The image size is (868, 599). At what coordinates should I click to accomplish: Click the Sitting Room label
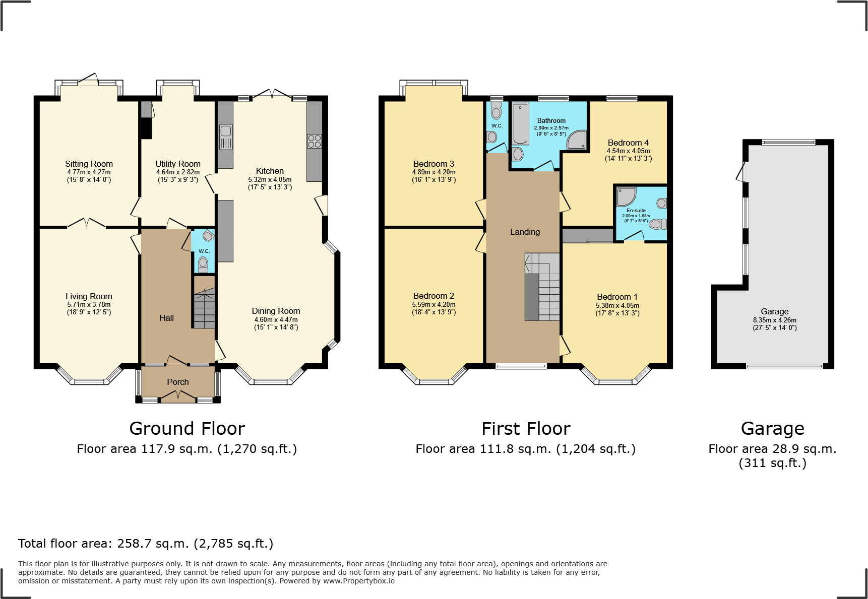tap(89, 164)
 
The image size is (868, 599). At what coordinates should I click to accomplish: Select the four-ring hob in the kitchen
tap(314, 141)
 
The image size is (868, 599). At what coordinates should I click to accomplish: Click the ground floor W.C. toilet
tap(203, 263)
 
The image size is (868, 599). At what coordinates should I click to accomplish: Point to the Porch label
tap(178, 382)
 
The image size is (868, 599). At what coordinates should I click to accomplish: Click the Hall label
tap(166, 318)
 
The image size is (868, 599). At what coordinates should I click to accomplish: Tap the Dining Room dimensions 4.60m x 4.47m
tap(276, 319)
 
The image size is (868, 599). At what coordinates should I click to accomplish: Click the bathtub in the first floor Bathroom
tap(520, 123)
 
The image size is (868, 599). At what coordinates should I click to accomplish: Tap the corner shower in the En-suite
tap(626, 196)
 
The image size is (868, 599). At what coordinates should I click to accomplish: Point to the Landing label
tap(525, 232)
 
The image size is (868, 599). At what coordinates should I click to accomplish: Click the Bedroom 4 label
tap(628, 143)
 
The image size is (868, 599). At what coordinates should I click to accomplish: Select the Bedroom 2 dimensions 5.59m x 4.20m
tap(433, 304)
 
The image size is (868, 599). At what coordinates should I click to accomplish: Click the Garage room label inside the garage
tap(775, 311)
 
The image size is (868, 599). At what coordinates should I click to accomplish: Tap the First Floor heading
tap(526, 429)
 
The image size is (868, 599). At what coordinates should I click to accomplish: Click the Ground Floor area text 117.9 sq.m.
tap(187, 449)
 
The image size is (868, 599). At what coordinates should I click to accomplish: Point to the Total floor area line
tap(146, 544)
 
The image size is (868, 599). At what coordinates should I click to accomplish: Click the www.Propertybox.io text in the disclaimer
tap(359, 581)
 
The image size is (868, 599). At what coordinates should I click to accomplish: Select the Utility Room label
tap(178, 164)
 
